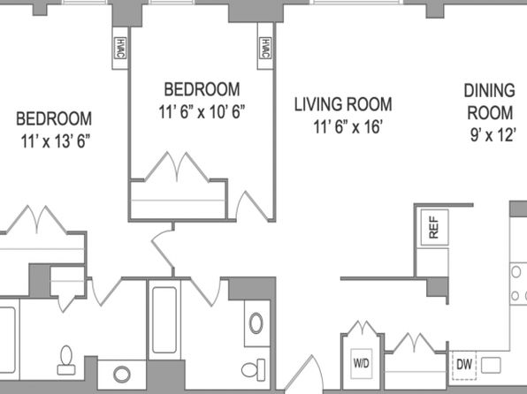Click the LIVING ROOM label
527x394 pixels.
(343, 104)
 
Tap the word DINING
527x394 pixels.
(489, 91)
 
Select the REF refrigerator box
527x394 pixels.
(434, 227)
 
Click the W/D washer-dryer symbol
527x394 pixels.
(362, 363)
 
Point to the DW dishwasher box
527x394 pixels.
(464, 365)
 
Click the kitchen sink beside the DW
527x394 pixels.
(491, 365)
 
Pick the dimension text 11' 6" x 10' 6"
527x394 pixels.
(202, 112)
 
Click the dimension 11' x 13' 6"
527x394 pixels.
(56, 141)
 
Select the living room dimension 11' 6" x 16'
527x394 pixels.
(348, 127)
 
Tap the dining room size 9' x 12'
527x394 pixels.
(493, 135)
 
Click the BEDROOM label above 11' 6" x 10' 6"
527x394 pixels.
(202, 89)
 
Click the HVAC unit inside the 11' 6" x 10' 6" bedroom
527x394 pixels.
(265, 49)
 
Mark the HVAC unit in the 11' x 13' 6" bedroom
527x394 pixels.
(120, 48)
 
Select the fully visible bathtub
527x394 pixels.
(164, 320)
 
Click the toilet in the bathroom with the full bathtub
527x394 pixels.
(253, 369)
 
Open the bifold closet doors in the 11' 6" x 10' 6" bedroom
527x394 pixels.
(177, 167)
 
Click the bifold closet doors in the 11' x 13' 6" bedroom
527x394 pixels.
(36, 219)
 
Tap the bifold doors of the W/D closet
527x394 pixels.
(362, 328)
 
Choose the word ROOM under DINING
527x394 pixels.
(490, 113)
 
